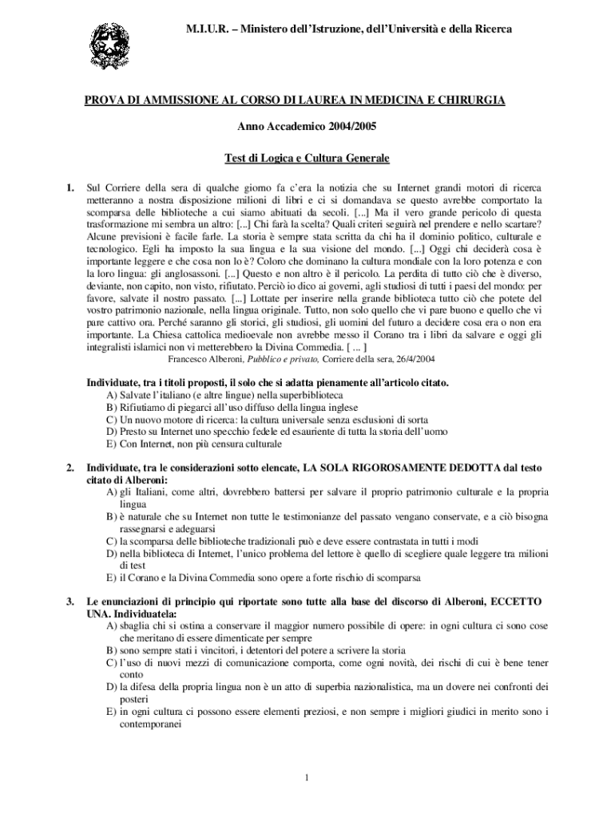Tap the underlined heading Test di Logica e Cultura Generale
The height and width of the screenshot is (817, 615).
pos(307,159)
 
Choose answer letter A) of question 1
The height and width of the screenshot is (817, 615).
pos(112,395)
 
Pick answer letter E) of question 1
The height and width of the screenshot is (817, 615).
pos(112,443)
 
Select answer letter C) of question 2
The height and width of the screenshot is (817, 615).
pos(112,540)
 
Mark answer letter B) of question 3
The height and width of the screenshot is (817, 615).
pos(112,650)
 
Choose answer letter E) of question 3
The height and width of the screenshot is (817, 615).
pos(112,711)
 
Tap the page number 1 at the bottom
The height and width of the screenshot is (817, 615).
pos(307,778)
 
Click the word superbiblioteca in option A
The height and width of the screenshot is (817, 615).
pos(307,395)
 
